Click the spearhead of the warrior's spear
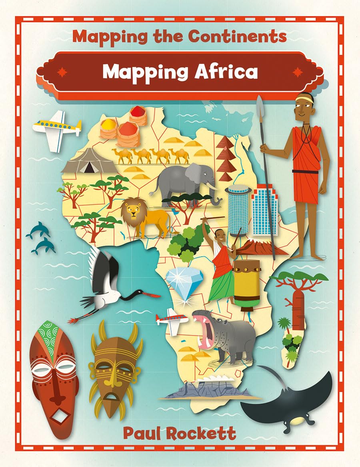(260, 105)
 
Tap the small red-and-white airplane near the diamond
(171, 320)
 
